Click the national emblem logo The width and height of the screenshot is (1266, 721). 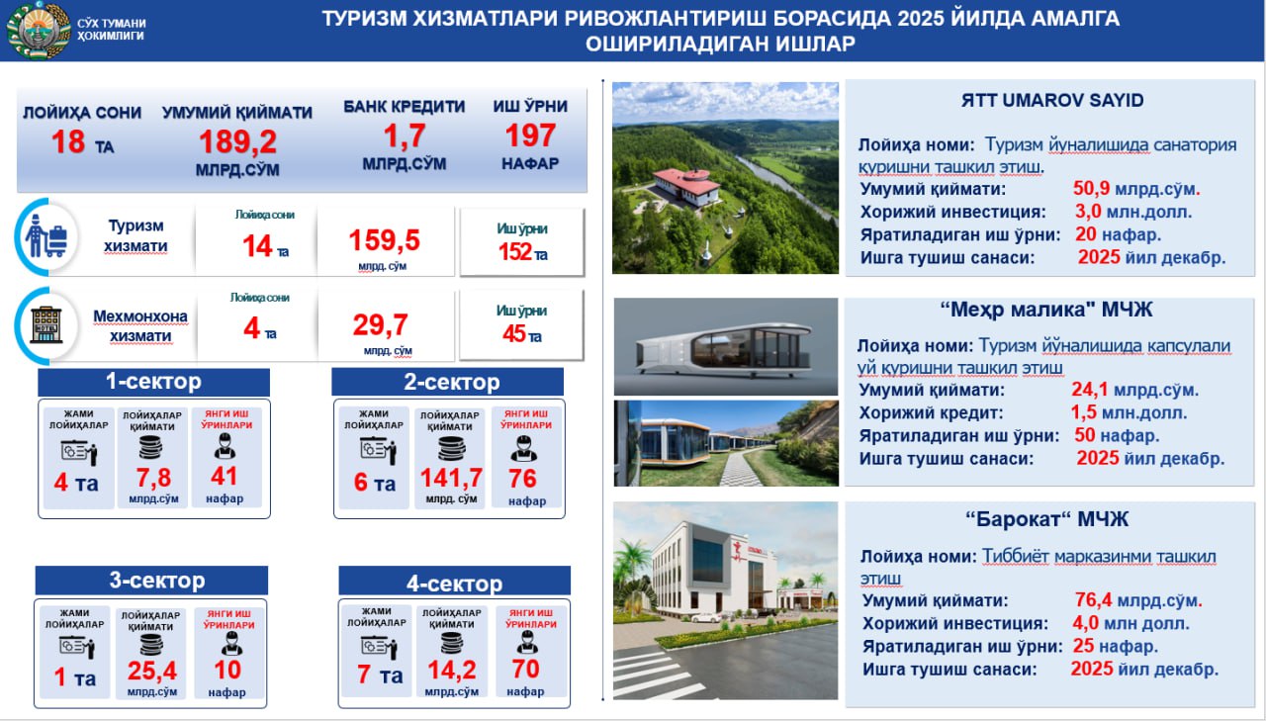(39, 30)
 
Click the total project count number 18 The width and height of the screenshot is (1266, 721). (68, 141)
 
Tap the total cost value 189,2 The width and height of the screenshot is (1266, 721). (237, 141)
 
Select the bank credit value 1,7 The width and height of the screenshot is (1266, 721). (405, 136)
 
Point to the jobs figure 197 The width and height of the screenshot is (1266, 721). (530, 135)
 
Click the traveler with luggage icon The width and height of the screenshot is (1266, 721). (46, 235)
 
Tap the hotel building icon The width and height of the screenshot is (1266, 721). (46, 325)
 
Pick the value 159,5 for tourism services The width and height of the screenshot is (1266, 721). (385, 240)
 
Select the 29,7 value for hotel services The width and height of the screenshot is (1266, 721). (381, 325)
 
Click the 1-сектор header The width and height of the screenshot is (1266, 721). (153, 382)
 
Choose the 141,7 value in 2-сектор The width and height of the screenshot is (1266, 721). (450, 478)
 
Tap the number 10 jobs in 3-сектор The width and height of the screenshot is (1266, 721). (227, 671)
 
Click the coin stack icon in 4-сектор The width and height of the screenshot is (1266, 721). (452, 644)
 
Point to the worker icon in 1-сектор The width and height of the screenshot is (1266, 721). (225, 445)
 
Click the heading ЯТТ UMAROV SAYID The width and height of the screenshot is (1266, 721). (1051, 101)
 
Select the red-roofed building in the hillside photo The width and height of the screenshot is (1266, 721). (686, 188)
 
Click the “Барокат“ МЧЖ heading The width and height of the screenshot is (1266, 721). (1046, 519)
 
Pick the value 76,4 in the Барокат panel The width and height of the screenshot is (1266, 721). (1093, 599)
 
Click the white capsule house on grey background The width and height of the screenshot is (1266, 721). (725, 349)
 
